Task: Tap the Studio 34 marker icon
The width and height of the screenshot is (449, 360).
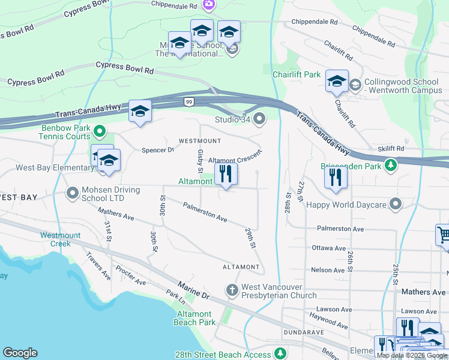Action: (259, 120)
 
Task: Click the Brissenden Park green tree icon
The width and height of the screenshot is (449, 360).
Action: (391, 164)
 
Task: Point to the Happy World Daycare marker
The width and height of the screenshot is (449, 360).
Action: (395, 205)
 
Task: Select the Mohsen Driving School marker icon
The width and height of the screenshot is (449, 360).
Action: (73, 193)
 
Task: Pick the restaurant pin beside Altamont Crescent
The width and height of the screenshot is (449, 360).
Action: (226, 174)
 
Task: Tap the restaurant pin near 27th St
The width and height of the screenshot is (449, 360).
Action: (336, 177)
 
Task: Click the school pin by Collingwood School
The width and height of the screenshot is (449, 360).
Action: (337, 81)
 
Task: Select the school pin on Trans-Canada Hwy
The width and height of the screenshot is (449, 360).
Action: (140, 111)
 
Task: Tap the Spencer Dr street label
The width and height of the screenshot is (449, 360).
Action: (157, 150)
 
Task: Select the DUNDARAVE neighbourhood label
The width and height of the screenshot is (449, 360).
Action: (304, 332)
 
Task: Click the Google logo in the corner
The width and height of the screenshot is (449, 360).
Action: (20, 353)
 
